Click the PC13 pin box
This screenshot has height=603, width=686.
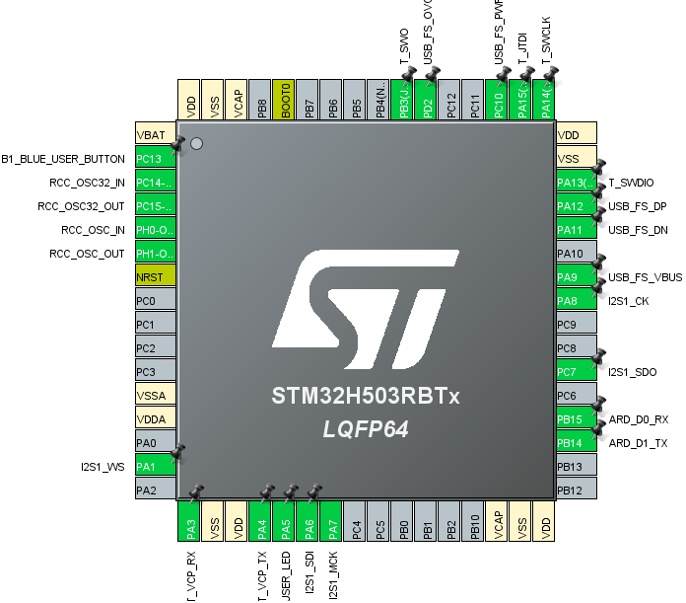click(155, 159)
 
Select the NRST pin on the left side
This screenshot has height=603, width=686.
click(155, 277)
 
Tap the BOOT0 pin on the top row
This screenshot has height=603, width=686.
click(285, 101)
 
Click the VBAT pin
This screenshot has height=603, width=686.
click(155, 135)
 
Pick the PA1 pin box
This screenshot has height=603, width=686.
click(155, 467)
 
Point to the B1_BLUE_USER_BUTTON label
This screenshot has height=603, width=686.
click(63, 159)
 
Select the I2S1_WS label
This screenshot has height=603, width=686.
click(103, 467)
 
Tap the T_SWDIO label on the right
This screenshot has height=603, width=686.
click(632, 183)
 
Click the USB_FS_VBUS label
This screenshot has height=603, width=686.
click(645, 277)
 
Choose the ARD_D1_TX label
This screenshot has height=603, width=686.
click(639, 443)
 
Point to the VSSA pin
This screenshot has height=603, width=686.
click(155, 396)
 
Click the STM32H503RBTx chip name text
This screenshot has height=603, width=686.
click(366, 398)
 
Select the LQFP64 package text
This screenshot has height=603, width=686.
click(366, 430)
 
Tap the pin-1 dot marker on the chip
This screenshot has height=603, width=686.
click(196, 144)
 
